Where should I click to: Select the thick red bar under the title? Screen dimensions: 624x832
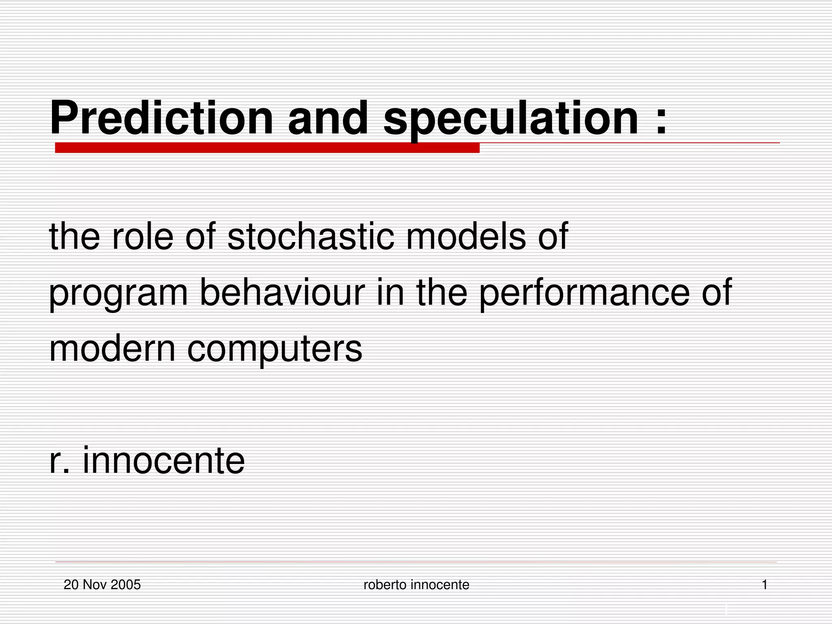pos(267,148)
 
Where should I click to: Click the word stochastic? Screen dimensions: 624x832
pos(311,236)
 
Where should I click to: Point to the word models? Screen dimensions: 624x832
pos(466,236)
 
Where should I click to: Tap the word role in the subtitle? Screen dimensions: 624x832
pos(143,236)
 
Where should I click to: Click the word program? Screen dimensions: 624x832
pos(118,293)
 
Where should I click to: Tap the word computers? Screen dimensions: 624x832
pos(274,349)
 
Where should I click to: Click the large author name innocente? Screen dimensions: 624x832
pos(164,460)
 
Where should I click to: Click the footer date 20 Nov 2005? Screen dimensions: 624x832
pos(102,585)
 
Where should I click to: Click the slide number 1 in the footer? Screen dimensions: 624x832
pos(764,585)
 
